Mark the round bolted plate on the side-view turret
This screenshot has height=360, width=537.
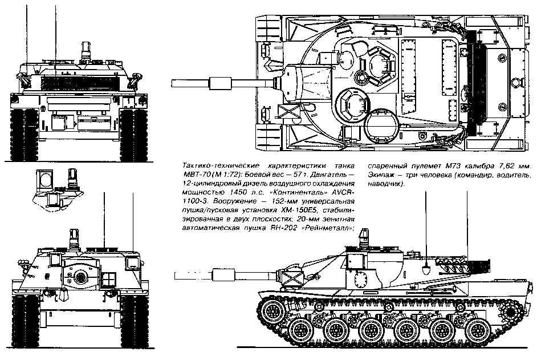point(360,278)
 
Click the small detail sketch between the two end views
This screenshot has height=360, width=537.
point(55,188)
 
